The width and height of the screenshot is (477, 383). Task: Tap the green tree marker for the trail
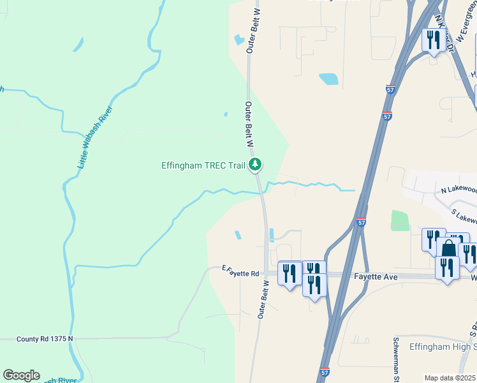coord(255,165)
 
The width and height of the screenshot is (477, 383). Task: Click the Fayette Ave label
coord(376,277)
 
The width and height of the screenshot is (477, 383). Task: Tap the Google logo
coord(21,375)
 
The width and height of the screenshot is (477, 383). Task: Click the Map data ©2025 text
coord(450,377)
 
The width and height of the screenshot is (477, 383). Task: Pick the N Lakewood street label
coord(459,190)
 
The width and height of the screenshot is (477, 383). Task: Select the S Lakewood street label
coord(463,216)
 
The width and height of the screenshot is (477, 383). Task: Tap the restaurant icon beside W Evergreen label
coord(434,41)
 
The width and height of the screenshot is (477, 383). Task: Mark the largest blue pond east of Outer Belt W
coord(328,79)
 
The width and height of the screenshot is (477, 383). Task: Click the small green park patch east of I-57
coord(399,220)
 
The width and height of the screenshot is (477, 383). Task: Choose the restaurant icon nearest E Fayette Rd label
coord(290,274)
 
